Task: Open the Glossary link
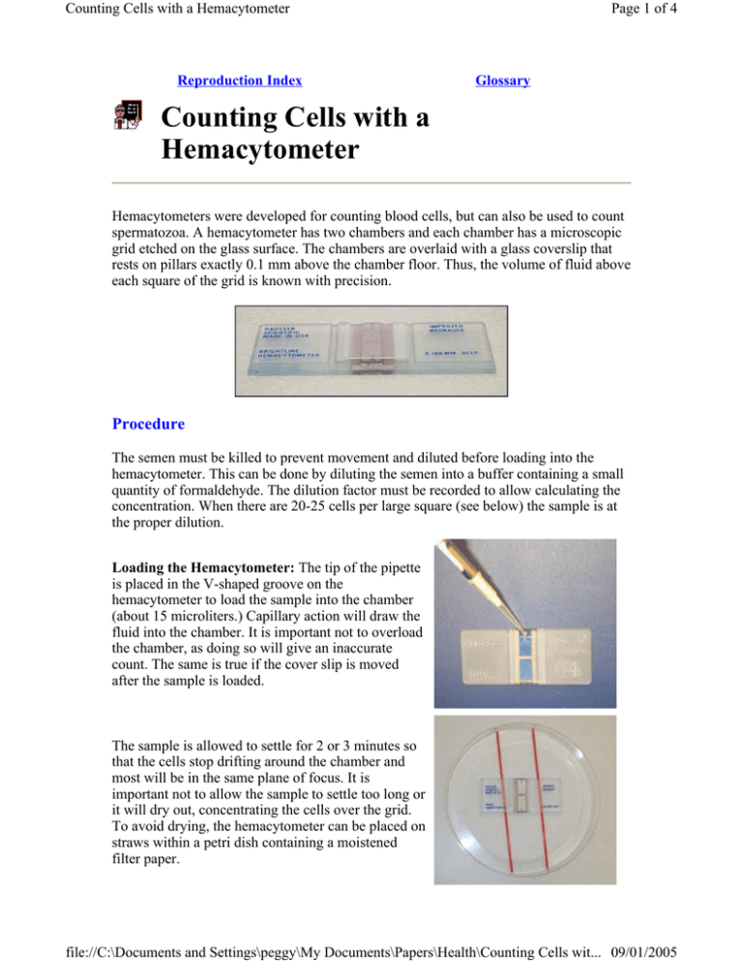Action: (x=503, y=81)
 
